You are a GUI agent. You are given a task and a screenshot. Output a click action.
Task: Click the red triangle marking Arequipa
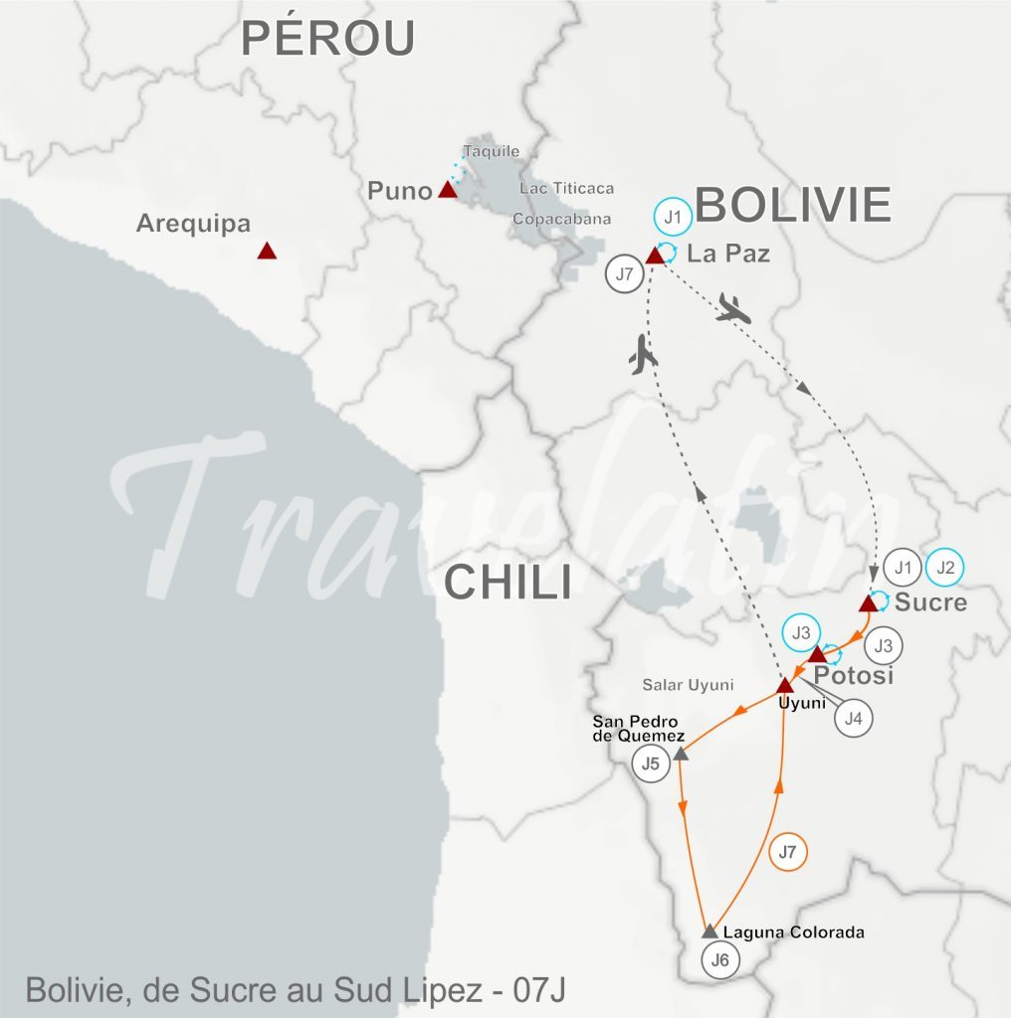coord(266,252)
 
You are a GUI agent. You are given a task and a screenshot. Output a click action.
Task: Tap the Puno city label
coord(399,191)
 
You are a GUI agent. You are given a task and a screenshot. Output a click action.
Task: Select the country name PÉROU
coord(327,39)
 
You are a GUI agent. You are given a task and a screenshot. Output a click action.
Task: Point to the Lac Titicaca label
coord(566,188)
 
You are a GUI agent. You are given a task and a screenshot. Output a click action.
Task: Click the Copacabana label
coord(561,219)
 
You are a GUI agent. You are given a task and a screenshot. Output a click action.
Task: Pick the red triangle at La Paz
coord(655,256)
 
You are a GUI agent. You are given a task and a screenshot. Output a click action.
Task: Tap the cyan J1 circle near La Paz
coord(673,217)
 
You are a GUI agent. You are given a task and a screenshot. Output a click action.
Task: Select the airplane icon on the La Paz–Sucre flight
coord(734,309)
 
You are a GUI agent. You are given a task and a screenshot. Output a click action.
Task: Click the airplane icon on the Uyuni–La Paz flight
coord(644,356)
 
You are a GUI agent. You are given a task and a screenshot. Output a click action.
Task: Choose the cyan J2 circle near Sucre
coord(944,568)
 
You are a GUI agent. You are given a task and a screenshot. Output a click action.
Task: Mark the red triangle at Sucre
coord(868,603)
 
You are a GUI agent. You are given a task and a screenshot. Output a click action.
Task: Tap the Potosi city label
coord(854,676)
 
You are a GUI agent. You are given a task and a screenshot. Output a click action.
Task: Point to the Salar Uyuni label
coord(688,685)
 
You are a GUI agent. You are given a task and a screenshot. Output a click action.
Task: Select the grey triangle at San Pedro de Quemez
coord(681,755)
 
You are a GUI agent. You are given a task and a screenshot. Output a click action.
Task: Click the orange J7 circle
coord(787,852)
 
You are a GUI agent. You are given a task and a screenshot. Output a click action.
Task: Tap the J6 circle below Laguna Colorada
coord(721,960)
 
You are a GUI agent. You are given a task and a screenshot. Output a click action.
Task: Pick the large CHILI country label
coord(507,582)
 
